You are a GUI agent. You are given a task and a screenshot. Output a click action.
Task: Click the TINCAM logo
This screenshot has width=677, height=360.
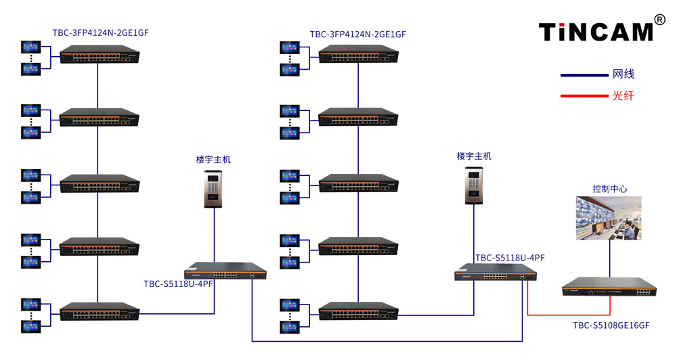pyautogui.click(x=596, y=32)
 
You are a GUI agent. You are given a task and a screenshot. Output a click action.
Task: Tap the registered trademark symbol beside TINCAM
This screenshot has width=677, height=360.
pyautogui.click(x=659, y=20)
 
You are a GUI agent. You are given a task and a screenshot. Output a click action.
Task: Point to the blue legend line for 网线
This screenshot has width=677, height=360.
pyautogui.click(x=584, y=75)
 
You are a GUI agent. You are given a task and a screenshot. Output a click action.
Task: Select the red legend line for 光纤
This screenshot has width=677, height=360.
pyautogui.click(x=584, y=96)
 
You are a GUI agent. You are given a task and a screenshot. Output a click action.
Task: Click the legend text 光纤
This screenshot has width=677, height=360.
pyautogui.click(x=623, y=95)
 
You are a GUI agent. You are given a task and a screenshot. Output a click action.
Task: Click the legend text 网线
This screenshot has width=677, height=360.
pyautogui.click(x=623, y=74)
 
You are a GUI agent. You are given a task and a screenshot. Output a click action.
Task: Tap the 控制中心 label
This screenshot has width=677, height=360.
pyautogui.click(x=610, y=189)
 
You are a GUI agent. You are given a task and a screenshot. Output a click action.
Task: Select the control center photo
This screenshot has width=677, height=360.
pyautogui.click(x=609, y=218)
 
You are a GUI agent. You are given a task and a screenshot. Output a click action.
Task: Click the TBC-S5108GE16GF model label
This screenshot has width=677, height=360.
pyautogui.click(x=611, y=325)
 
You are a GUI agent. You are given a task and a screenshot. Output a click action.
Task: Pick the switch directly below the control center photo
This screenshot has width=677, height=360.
pyautogui.click(x=609, y=287)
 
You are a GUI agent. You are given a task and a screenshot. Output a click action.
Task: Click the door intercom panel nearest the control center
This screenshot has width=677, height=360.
pyautogui.click(x=474, y=185)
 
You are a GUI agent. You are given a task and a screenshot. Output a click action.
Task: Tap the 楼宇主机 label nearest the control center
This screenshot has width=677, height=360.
pyautogui.click(x=474, y=156)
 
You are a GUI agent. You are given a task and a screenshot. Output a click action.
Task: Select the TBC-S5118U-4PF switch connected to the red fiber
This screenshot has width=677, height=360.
pyautogui.click(x=496, y=272)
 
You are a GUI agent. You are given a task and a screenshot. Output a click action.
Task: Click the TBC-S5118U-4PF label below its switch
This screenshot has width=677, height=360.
pyautogui.click(x=178, y=284)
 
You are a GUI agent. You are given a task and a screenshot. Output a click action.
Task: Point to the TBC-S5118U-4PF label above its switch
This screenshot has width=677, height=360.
pyautogui.click(x=510, y=258)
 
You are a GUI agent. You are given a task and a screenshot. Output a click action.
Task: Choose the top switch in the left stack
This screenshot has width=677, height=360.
pyautogui.click(x=100, y=54)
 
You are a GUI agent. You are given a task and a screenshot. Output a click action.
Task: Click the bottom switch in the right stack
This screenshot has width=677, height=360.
pyautogui.click(x=358, y=311)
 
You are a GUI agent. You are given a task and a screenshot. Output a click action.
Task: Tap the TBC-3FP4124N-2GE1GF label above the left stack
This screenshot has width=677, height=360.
pyautogui.click(x=101, y=32)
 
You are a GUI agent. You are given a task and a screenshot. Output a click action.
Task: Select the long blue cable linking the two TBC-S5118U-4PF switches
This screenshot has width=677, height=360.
pyautogui.click(x=387, y=342)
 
